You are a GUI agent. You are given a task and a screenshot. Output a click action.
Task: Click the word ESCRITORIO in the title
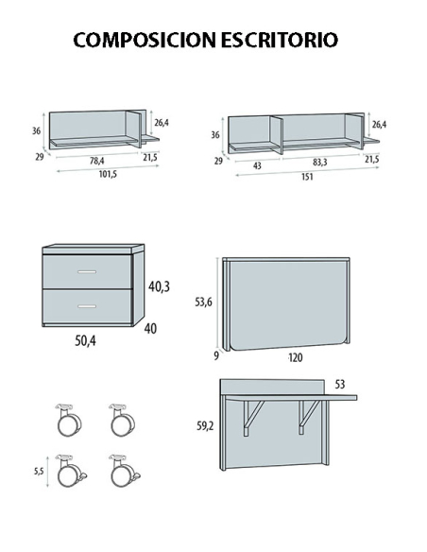click(280, 40)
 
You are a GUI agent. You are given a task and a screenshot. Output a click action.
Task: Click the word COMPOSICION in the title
click(145, 40)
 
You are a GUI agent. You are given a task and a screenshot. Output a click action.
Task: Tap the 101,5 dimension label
click(108, 174)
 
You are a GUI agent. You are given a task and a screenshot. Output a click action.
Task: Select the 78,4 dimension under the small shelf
click(96, 161)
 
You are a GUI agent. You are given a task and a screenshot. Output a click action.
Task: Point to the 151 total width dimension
click(307, 177)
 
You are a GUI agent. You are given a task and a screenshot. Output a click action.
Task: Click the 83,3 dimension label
click(319, 162)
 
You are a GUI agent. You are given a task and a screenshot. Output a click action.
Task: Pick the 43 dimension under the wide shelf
click(257, 165)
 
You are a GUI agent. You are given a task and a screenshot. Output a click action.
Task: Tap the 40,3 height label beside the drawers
click(159, 286)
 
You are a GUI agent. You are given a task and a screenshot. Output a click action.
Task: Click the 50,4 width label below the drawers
click(85, 340)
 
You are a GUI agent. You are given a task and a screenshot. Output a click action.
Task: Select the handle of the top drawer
click(87, 272)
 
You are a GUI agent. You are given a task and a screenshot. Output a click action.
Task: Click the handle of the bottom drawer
click(87, 306)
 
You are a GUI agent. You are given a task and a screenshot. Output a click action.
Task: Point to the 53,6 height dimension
click(204, 302)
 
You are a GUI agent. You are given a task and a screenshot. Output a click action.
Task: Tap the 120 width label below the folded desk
click(296, 357)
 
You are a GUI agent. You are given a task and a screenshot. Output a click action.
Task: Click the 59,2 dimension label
click(205, 426)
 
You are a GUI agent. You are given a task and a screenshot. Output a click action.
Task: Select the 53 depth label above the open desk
click(340, 385)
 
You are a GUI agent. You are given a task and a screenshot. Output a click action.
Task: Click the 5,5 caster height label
click(39, 471)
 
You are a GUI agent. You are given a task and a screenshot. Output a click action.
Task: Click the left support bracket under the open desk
click(252, 418)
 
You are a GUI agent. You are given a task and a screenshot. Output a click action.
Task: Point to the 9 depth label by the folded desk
click(216, 355)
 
